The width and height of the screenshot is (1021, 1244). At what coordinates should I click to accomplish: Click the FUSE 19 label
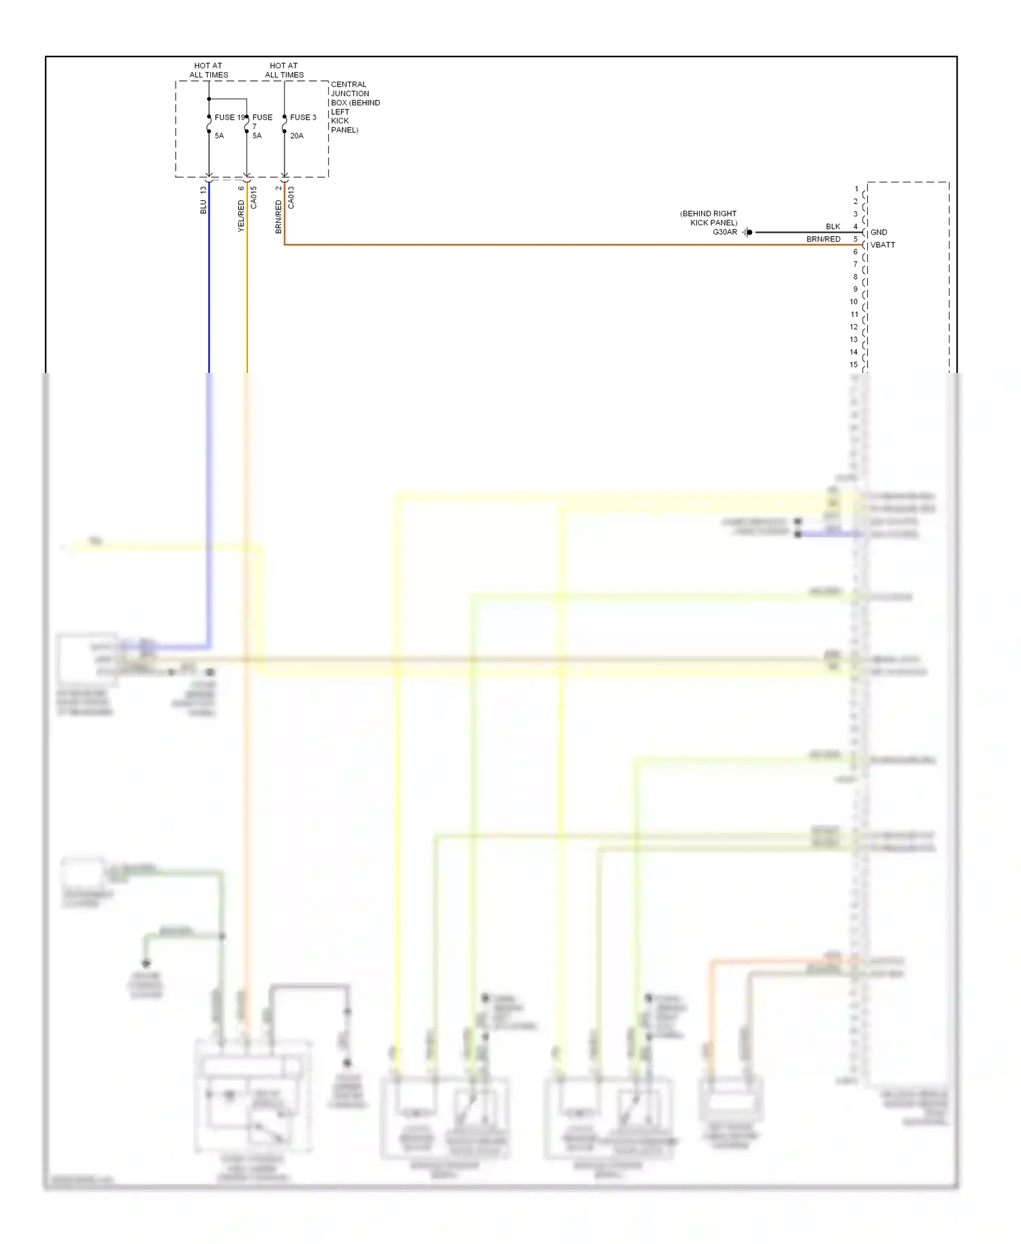229,117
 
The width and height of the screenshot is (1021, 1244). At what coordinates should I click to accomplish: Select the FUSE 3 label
303,117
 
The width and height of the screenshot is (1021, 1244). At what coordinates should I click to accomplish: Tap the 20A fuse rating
297,135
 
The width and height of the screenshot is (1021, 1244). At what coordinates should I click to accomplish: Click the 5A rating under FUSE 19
219,135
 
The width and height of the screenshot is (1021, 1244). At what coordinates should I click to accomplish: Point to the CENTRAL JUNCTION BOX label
355,107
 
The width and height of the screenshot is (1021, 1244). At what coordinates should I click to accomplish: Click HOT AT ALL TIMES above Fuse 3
284,70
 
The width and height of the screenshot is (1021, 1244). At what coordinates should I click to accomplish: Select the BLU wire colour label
203,207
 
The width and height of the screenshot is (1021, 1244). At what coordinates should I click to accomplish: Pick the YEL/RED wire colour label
241,216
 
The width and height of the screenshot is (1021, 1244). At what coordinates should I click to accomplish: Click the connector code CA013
291,197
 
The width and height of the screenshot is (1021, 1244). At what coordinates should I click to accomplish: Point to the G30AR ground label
725,232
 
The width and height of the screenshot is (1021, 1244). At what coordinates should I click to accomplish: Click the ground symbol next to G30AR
747,232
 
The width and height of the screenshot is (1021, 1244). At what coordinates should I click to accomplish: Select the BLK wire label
833,227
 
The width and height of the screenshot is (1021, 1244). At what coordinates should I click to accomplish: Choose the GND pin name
879,232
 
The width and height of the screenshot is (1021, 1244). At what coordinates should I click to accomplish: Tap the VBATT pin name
883,245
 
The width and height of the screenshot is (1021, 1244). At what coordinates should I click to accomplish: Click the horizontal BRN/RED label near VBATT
824,240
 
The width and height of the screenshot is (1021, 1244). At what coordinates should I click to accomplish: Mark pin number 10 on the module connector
854,301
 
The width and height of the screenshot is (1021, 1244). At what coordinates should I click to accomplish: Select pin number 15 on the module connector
854,364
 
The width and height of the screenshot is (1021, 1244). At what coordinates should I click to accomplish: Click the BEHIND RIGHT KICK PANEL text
709,218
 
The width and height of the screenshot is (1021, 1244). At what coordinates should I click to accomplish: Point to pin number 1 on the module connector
856,189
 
